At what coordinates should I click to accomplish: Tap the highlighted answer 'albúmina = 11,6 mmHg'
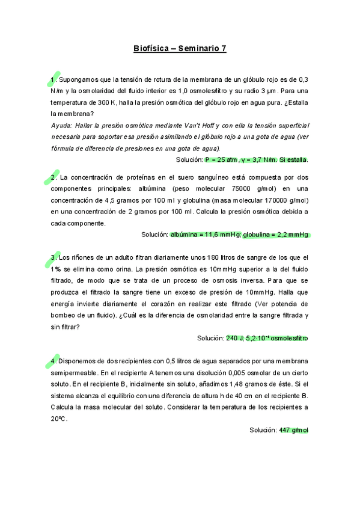pos(206,235)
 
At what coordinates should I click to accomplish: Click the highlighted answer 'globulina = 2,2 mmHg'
pos(276,235)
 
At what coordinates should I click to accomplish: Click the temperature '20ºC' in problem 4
pos(59,419)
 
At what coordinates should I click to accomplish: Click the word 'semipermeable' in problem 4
pos(75,373)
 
